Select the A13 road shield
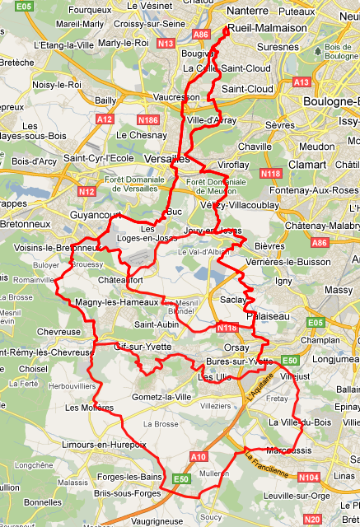pos(302,82)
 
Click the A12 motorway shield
pos(105,119)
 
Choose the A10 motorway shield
pos(198,456)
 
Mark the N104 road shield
pos(308,478)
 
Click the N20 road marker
pos(312,520)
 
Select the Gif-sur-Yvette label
pos(143,347)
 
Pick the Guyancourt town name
pos(98,213)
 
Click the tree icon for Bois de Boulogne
pos(318,51)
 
